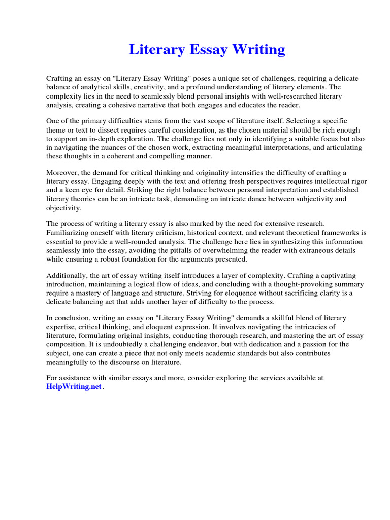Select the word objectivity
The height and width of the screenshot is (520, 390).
point(63,208)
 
